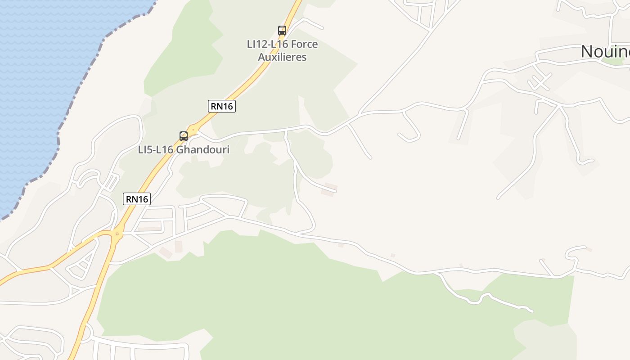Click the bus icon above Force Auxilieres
[x=282, y=31]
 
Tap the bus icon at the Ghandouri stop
[x=184, y=136]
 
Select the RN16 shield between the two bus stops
[x=222, y=106]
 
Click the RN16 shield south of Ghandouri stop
[x=137, y=199]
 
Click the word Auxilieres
[x=282, y=57]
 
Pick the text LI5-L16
[x=155, y=150]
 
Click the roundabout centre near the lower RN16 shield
[x=117, y=234]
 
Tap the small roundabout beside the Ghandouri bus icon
[x=194, y=130]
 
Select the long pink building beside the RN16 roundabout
[x=149, y=229]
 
